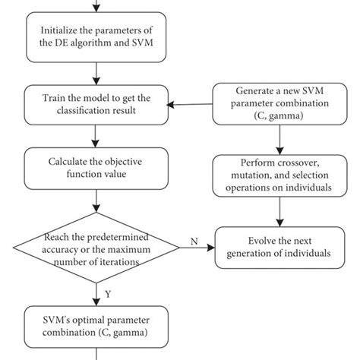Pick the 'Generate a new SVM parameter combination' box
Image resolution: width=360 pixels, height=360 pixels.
tap(280, 106)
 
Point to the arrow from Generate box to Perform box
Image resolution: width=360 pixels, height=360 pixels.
tap(280, 141)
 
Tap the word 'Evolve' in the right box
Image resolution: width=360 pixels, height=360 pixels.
tap(247, 240)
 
